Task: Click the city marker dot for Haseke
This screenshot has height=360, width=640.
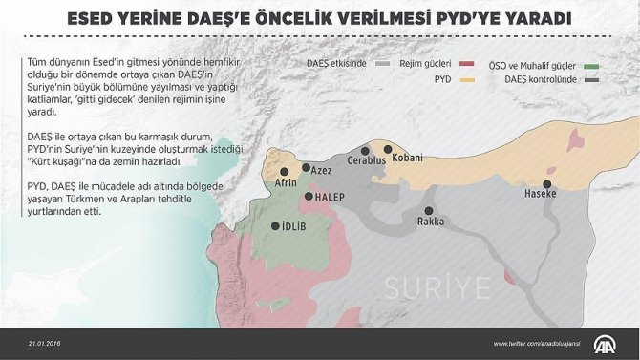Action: click(x=548, y=184)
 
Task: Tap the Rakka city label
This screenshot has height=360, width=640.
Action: click(x=431, y=222)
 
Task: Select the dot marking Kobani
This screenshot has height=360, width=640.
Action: click(x=387, y=149)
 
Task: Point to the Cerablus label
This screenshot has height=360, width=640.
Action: click(x=367, y=161)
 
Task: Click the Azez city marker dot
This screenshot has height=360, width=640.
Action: click(x=307, y=168)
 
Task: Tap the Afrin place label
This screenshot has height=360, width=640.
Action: click(x=287, y=182)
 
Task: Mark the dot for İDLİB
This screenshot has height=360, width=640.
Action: click(x=275, y=227)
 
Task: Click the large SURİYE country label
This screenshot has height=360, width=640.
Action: click(x=437, y=286)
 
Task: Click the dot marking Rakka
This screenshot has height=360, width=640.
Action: click(x=429, y=210)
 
